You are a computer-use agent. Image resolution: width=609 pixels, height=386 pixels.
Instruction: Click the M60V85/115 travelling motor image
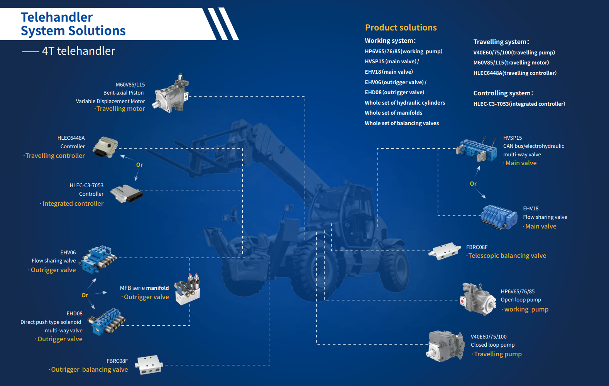point(171,93)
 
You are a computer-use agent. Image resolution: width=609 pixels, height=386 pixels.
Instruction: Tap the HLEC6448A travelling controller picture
point(105,147)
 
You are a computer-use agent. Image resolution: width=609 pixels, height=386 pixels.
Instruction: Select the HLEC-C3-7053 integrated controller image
point(127,193)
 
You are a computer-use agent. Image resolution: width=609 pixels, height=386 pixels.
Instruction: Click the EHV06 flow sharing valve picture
point(98,259)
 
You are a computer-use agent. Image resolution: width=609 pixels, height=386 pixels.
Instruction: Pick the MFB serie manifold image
point(187,289)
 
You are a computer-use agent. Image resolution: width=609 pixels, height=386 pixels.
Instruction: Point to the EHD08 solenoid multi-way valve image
point(107,322)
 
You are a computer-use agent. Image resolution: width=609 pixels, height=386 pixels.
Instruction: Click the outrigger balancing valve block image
point(149,365)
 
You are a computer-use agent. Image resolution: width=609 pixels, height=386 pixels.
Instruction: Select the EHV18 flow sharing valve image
point(499,217)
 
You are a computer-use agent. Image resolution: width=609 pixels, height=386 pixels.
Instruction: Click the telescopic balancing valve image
point(445,251)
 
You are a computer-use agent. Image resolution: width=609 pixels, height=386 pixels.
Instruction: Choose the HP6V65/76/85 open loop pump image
point(478,299)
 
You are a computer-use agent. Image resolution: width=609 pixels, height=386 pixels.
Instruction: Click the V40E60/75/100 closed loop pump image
point(445,346)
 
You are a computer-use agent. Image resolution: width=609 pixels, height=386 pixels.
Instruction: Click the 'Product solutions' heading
point(401,27)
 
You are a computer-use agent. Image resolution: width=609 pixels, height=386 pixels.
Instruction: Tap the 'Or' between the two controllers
point(139,165)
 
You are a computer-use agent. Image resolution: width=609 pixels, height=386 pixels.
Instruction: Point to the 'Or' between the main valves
point(473,184)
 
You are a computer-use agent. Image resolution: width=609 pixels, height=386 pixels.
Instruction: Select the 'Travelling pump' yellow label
point(498,354)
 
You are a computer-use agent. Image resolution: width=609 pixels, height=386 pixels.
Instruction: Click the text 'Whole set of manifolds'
point(393,113)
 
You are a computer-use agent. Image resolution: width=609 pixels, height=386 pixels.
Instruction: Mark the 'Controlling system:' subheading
point(503,93)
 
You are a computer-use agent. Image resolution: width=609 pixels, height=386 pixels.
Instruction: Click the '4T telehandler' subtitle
point(79,51)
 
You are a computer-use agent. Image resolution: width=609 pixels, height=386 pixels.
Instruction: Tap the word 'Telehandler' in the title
point(57,17)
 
